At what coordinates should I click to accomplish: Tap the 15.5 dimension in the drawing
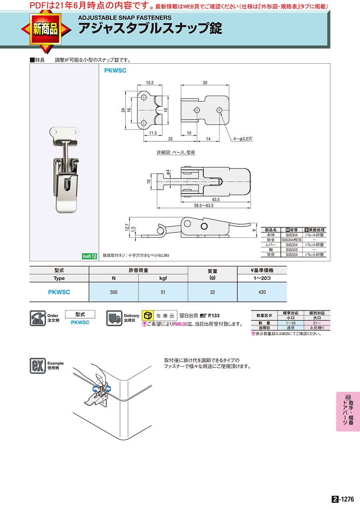point(150,83)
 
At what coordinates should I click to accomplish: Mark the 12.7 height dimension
point(127,228)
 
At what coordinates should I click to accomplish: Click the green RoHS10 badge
point(89,257)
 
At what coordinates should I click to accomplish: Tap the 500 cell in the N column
point(114,292)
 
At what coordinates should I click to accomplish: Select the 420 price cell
point(262,292)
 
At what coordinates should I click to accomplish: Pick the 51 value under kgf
point(163,292)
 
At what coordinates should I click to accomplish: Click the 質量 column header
point(212,271)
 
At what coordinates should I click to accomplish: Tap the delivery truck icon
point(114,318)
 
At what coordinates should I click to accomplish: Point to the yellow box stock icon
point(148,315)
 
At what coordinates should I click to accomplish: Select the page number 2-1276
point(343,499)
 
